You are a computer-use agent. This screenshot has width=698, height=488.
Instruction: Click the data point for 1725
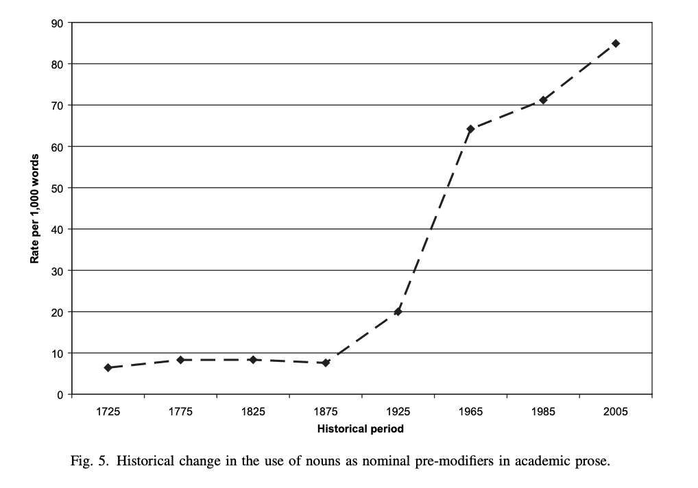(108, 368)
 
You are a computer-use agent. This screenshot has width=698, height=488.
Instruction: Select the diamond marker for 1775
(180, 360)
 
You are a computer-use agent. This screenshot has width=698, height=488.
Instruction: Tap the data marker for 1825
(253, 360)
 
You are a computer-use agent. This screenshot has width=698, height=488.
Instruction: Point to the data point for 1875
(326, 363)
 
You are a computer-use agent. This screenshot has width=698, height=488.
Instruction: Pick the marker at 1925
(398, 312)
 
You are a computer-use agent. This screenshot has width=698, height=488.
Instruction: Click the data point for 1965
(470, 129)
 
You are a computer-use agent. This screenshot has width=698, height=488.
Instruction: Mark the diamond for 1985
(543, 100)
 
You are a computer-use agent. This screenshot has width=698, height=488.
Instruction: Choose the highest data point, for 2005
(616, 43)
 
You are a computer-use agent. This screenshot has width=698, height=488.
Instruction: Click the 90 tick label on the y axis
(58, 23)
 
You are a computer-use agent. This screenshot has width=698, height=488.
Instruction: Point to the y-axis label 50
(58, 188)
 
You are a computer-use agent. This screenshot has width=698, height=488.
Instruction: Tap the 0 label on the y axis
(60, 395)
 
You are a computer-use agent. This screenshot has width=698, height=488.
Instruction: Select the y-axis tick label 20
(58, 312)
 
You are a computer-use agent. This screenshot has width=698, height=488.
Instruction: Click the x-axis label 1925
(398, 412)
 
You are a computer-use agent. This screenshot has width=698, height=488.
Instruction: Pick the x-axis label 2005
(616, 412)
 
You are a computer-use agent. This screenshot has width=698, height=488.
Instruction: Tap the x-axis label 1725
(108, 412)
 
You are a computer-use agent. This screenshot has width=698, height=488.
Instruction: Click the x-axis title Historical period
(361, 430)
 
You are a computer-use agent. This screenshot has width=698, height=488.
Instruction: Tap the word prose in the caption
(590, 461)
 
